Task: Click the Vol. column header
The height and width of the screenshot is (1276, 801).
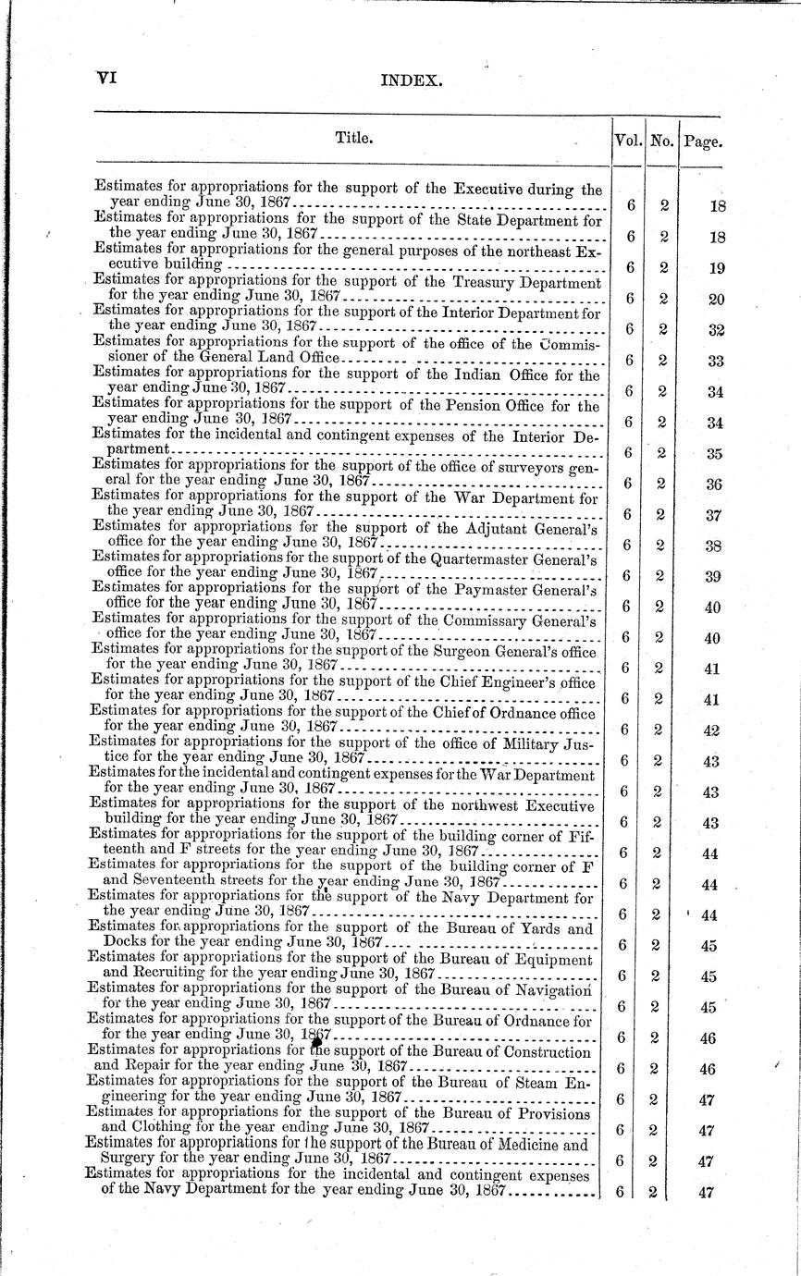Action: (x=628, y=141)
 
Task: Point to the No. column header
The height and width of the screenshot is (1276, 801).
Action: (x=661, y=141)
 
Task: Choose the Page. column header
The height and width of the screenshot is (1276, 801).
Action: (x=703, y=142)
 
